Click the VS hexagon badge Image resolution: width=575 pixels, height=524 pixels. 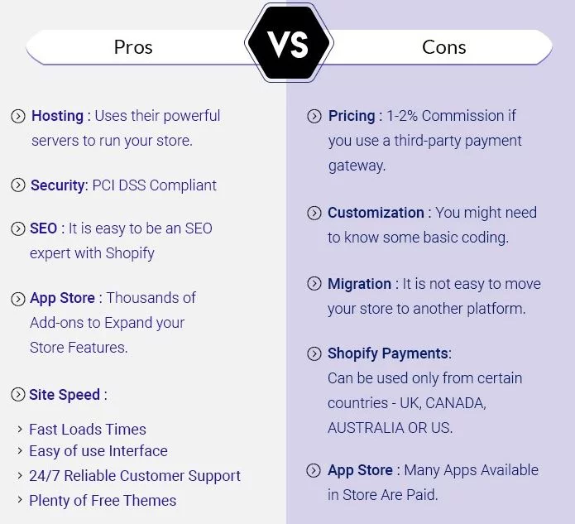(x=288, y=43)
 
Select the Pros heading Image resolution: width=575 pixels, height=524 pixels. (x=133, y=47)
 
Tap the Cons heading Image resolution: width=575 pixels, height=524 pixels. (x=444, y=47)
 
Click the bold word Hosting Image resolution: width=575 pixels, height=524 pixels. (x=57, y=116)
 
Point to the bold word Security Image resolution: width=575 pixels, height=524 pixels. (x=58, y=185)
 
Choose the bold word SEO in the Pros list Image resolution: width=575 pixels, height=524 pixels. (x=44, y=228)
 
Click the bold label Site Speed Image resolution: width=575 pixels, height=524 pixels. (x=65, y=395)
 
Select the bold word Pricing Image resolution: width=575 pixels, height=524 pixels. (x=352, y=116)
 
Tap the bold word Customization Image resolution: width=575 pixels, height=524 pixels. (x=376, y=213)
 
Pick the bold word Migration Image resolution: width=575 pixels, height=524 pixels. (x=359, y=284)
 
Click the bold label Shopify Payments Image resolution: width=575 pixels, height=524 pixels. (x=387, y=353)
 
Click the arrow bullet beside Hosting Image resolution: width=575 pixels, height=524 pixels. (x=17, y=117)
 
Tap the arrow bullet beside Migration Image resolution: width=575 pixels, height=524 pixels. (x=314, y=284)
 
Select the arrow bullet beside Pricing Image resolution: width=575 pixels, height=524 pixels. (x=314, y=117)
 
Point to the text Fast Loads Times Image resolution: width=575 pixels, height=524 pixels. (x=88, y=429)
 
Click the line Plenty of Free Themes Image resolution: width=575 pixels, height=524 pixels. (x=103, y=500)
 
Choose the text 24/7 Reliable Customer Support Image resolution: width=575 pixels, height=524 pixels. (x=135, y=476)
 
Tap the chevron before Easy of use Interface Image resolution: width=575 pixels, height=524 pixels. (x=20, y=452)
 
